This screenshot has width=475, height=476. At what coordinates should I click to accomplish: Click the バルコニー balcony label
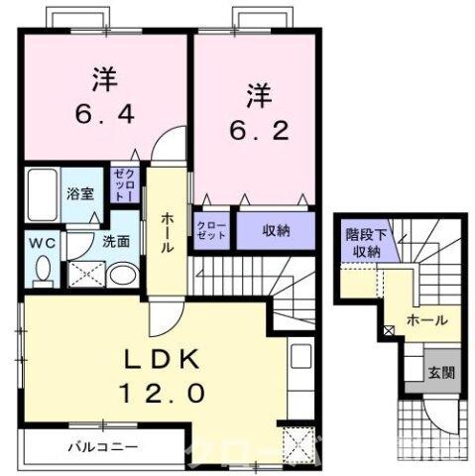pos(103,445)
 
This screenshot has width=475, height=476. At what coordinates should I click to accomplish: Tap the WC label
pos(42,241)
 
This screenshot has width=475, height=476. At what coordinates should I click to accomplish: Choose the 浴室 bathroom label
pos(81,193)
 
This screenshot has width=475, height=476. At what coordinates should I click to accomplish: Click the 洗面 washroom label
pos(115,241)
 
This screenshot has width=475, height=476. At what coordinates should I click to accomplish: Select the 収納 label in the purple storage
pos(277,230)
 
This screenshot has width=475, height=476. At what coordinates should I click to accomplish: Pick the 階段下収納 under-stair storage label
pos(365,242)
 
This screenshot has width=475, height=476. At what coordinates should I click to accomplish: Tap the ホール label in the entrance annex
pos(426,321)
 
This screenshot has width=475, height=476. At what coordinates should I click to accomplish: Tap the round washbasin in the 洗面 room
pos(122,275)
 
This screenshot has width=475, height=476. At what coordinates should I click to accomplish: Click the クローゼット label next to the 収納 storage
pos(212,231)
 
